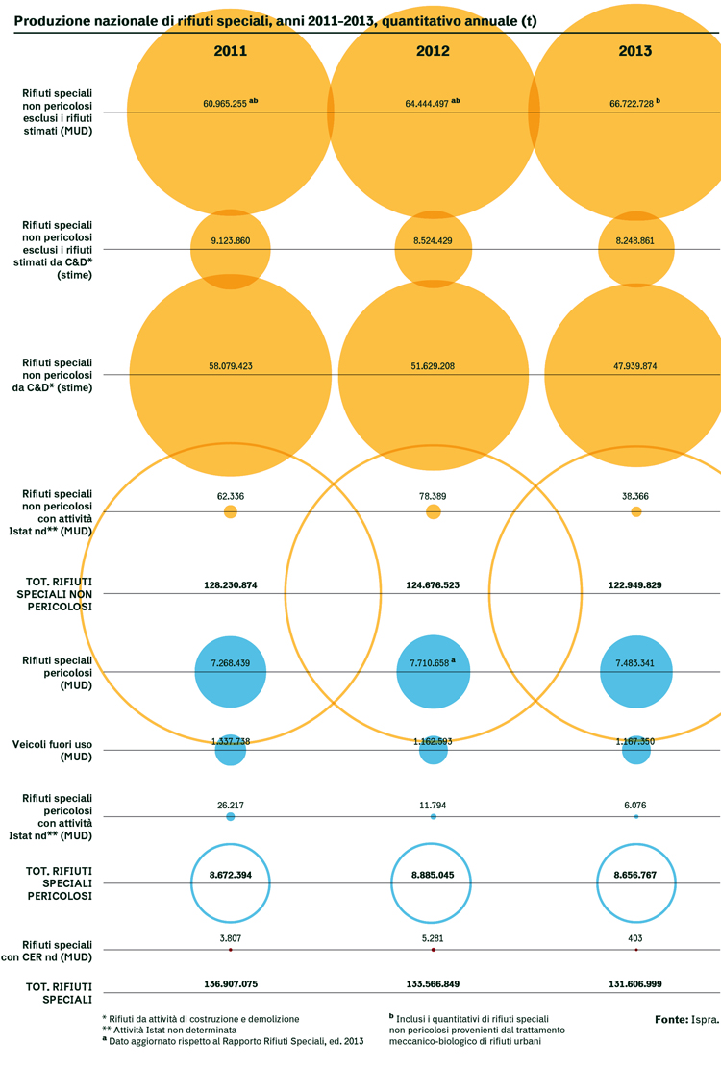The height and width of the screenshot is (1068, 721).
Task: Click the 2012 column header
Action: (x=433, y=51)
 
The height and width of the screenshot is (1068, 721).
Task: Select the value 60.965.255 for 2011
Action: (x=225, y=104)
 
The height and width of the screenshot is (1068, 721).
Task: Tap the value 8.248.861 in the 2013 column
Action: (x=635, y=240)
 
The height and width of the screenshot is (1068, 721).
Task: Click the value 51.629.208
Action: (x=433, y=365)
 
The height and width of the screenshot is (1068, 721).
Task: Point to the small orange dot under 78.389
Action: (x=433, y=511)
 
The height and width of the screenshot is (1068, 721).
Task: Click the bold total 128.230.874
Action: (x=231, y=585)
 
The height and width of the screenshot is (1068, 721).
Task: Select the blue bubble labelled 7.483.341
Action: (x=635, y=672)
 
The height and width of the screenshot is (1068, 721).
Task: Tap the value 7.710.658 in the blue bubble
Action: (x=430, y=662)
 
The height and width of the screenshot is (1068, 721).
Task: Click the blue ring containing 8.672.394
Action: (x=231, y=843)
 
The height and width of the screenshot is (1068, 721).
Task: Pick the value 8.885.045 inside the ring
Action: (x=433, y=875)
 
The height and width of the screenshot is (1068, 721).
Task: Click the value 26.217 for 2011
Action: (x=231, y=806)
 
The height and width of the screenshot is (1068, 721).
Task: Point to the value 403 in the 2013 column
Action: (x=635, y=938)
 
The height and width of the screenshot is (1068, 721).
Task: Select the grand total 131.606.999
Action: (x=635, y=983)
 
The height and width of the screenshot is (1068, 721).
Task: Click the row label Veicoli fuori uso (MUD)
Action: (x=53, y=751)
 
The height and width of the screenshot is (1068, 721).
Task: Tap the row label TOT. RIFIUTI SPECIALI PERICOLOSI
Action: (x=60, y=883)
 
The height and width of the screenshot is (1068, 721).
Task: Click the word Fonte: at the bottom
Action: (x=672, y=1020)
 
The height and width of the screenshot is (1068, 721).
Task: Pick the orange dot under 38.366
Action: (x=635, y=511)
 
